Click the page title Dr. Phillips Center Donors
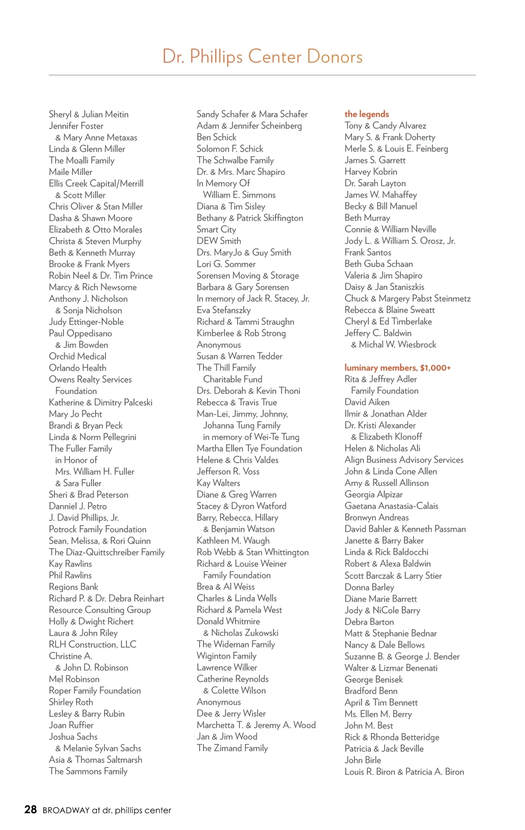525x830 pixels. (x=262, y=57)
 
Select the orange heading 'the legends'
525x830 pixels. (x=367, y=114)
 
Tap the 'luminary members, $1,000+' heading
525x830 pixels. (x=397, y=368)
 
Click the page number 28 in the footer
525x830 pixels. (x=31, y=809)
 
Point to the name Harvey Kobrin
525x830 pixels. (x=371, y=172)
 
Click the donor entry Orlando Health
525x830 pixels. (x=77, y=368)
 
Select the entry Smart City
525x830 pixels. (x=216, y=230)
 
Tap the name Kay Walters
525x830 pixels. (x=218, y=483)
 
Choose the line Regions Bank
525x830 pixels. (x=73, y=587)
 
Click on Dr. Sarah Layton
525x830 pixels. (x=375, y=183)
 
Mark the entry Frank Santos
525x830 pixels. (x=367, y=252)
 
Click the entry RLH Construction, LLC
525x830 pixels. (x=93, y=645)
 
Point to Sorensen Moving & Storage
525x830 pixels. (x=248, y=276)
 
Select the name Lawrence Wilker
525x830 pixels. (x=227, y=668)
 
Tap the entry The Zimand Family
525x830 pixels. (x=232, y=748)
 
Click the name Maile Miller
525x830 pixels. (x=70, y=172)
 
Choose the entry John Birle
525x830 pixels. (x=363, y=760)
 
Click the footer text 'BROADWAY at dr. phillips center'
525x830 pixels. (x=107, y=810)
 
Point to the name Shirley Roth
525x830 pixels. (x=71, y=702)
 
